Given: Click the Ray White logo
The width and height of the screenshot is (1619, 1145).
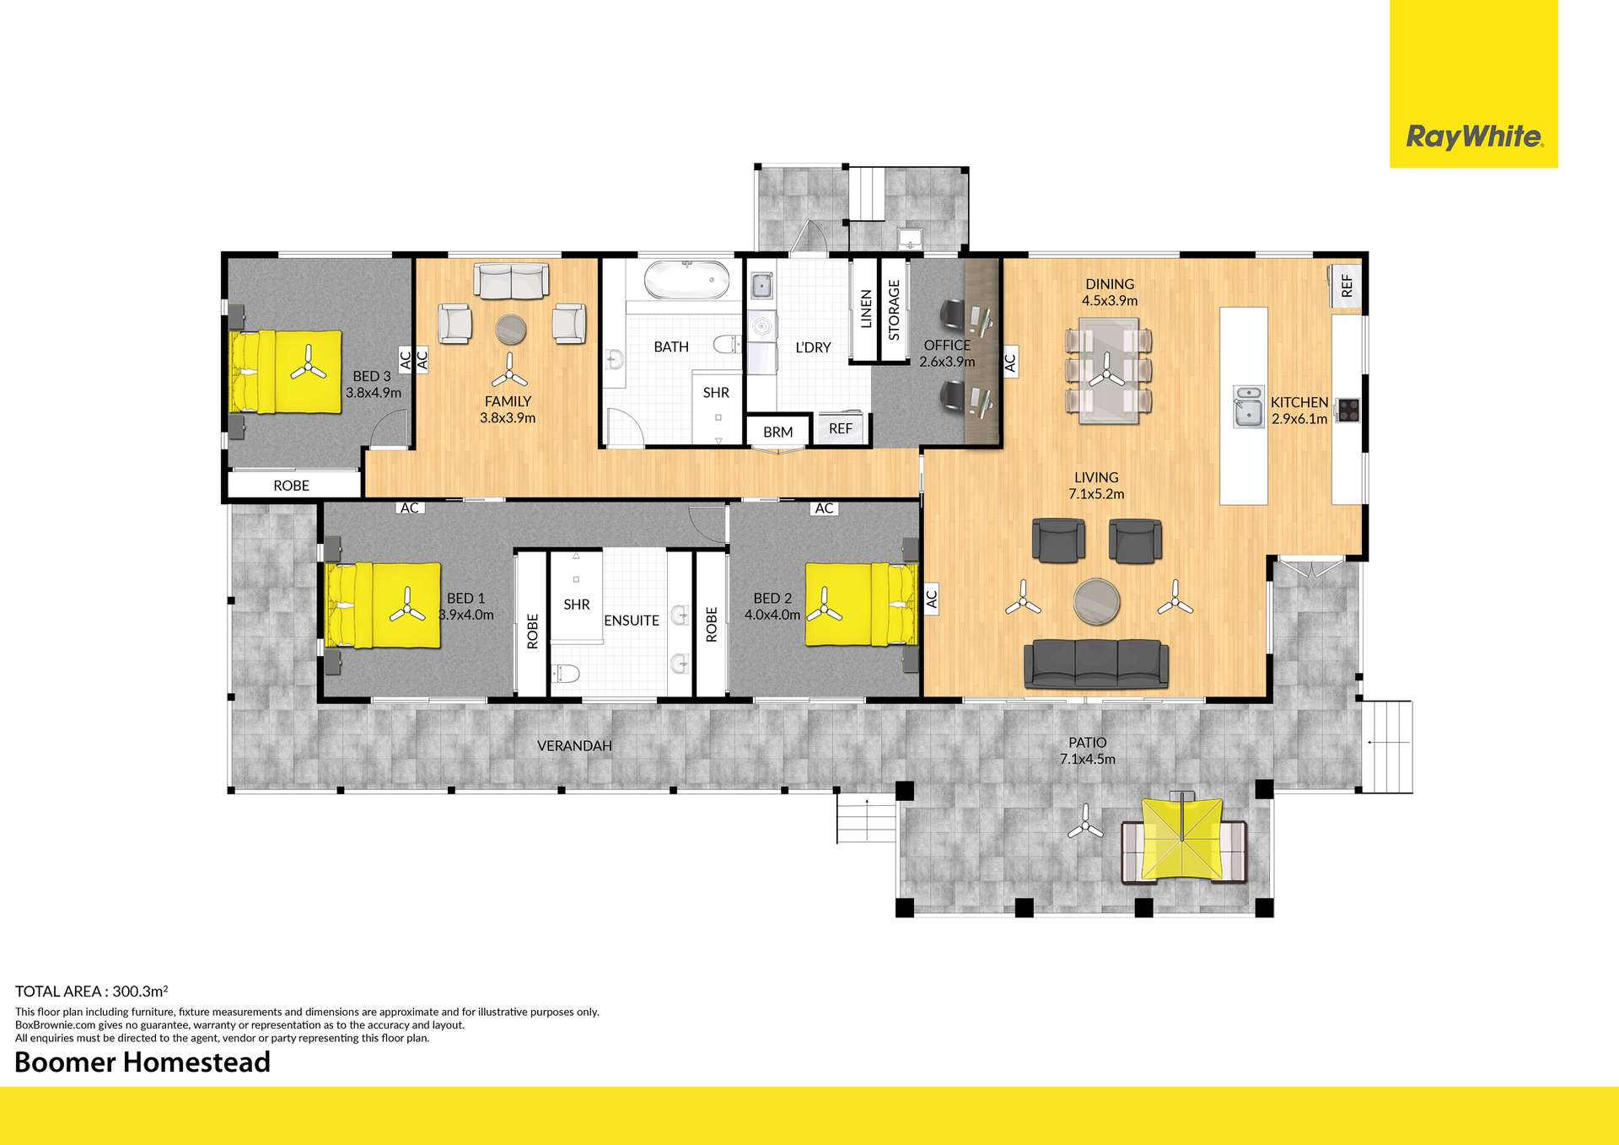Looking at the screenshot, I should [x=1474, y=136].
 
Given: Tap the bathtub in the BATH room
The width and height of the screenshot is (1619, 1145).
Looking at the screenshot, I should [x=686, y=280].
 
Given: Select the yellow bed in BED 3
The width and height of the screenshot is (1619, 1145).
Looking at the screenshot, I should [x=287, y=372].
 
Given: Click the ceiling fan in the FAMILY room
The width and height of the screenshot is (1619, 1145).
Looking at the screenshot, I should [x=509, y=371].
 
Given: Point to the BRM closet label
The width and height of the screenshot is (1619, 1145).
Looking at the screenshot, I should [x=777, y=432].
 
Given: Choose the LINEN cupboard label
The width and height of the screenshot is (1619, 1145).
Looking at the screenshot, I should [x=865, y=309].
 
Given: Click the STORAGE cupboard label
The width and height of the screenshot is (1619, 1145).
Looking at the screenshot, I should [x=894, y=309].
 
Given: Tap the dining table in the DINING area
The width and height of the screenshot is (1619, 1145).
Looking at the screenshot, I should [x=1108, y=370].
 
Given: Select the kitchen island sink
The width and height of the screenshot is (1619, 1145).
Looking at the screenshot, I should [x=1248, y=406].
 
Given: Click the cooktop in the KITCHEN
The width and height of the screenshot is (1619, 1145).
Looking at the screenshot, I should [x=1347, y=410].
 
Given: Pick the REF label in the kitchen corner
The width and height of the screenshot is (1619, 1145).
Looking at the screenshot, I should [x=1347, y=286].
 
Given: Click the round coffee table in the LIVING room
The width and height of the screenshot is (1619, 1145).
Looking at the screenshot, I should [x=1096, y=601].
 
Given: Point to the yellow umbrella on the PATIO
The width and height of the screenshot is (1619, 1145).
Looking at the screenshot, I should [x=1182, y=838].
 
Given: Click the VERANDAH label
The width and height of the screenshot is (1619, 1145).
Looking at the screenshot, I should [x=574, y=745].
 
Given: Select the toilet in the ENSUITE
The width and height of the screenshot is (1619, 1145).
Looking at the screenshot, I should [x=566, y=673].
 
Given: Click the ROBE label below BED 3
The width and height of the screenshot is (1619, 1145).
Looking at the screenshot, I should [x=291, y=486].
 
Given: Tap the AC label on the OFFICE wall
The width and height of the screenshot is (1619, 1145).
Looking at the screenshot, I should [x=1010, y=362].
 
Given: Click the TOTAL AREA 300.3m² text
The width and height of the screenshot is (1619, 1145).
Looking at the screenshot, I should [x=91, y=992].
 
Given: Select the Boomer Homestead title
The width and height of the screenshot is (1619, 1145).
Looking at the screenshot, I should [x=143, y=1062].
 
